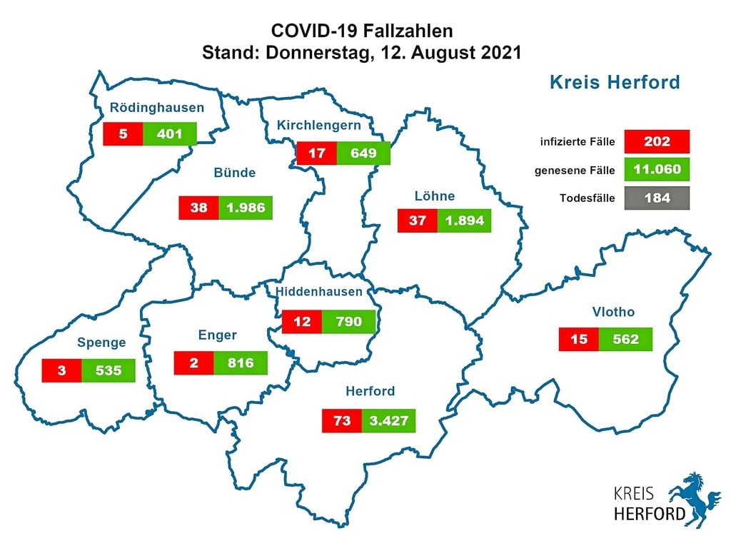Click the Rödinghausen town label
tap(156, 108)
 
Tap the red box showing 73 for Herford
tap(342, 421)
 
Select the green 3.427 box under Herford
tap(388, 421)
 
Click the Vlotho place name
tap(613, 312)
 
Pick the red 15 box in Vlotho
tap(579, 340)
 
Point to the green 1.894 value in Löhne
tap(465, 220)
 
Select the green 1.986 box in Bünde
tap(246, 208)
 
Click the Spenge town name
tap(103, 342)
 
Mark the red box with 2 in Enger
tap(194, 363)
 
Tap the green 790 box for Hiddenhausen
tap(350, 322)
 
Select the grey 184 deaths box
tap(656, 198)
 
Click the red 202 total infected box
tap(656, 141)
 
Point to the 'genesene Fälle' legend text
tap(575, 170)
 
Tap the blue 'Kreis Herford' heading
tap(614, 83)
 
